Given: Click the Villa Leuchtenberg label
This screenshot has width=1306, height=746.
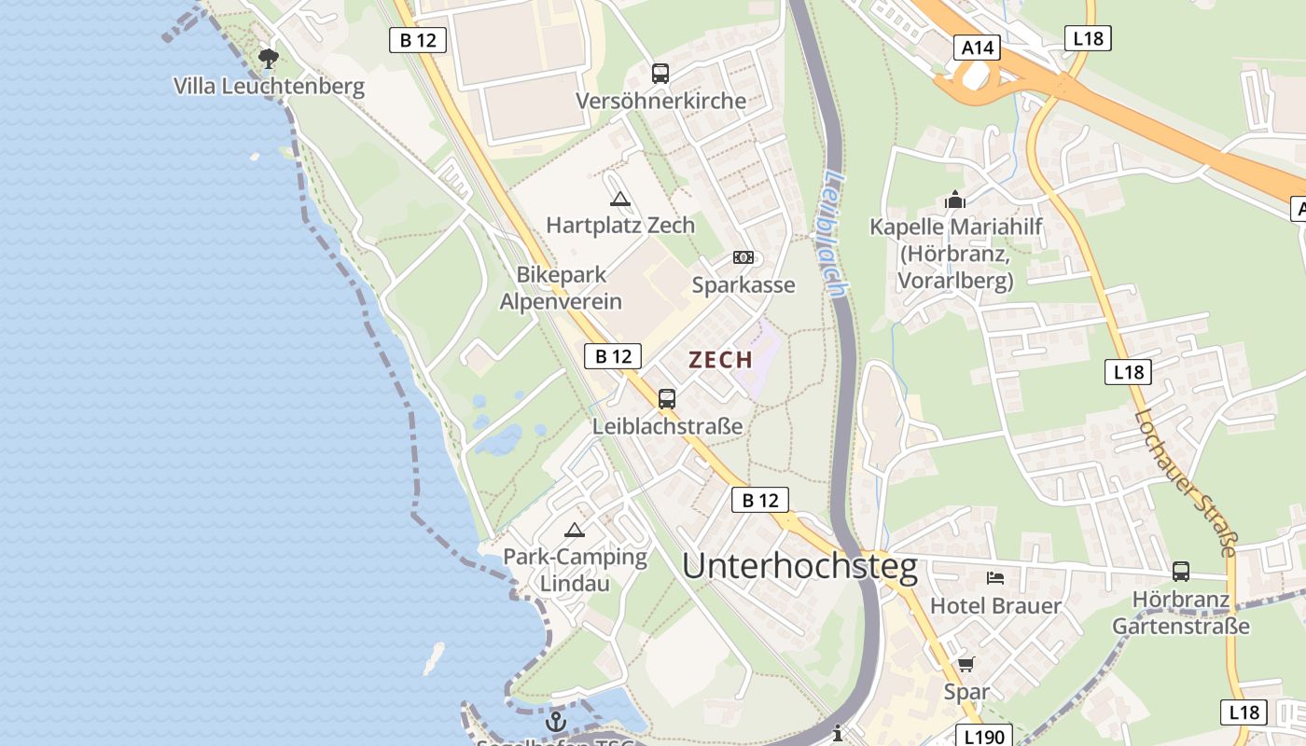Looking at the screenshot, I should tap(269, 87).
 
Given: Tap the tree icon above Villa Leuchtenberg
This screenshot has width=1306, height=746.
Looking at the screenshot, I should tap(269, 60).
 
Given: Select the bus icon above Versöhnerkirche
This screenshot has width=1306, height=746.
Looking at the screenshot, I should tap(660, 73).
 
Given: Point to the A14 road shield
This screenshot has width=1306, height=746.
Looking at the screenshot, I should tap(977, 48).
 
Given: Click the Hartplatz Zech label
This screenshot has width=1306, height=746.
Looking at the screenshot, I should tap(620, 225).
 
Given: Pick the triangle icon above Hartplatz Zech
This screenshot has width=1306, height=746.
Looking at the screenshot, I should tap(620, 199).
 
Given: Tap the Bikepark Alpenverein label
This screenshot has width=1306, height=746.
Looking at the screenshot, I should tap(561, 288).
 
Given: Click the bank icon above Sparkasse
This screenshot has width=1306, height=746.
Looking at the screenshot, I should tap(743, 257).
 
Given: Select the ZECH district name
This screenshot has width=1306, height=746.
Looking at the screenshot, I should tap(720, 360).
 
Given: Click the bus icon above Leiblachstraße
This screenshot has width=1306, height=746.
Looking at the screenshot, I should tap(667, 399).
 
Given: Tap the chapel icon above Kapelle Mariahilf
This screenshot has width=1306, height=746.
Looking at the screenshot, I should tap(954, 200).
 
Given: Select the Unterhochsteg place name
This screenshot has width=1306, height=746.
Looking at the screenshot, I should tap(799, 566).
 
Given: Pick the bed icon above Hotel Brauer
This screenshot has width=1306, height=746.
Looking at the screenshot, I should tap(995, 578).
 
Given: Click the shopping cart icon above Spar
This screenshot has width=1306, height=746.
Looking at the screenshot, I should tap(966, 665).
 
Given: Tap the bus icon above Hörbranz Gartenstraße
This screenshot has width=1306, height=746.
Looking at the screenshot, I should tap(1181, 572).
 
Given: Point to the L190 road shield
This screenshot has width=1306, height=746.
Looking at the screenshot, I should tap(983, 737).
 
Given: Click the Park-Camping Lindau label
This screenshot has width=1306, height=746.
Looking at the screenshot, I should tap(575, 570).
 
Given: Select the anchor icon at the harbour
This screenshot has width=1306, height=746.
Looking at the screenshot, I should tap(556, 722).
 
